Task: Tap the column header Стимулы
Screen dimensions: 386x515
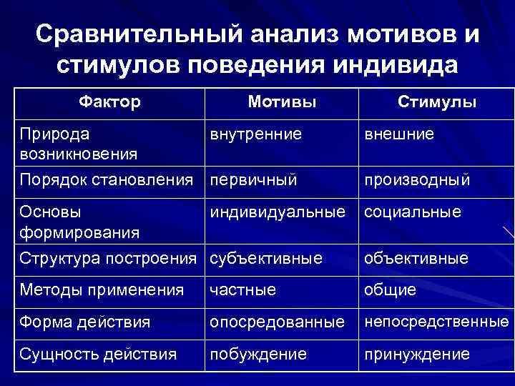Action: (x=436, y=102)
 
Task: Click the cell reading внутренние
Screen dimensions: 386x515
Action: (x=255, y=134)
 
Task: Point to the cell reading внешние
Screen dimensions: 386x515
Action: (x=399, y=134)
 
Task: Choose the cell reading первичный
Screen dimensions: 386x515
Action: (x=253, y=179)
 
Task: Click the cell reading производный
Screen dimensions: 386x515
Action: (x=417, y=179)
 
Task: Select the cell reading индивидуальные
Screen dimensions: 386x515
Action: (x=280, y=212)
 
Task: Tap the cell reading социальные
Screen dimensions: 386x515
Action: (x=413, y=212)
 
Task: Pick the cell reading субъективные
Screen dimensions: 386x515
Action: (x=265, y=258)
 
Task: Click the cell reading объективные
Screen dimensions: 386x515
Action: (x=416, y=258)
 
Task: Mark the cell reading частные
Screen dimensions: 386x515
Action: (x=242, y=289)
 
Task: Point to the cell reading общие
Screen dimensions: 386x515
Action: (x=390, y=289)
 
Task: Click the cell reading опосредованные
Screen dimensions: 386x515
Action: (x=276, y=322)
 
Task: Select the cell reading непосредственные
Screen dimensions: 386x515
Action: (x=436, y=322)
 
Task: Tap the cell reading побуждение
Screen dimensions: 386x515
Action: (x=257, y=354)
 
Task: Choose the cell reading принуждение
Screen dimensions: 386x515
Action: (x=417, y=354)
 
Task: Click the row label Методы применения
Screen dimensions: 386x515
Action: (x=102, y=289)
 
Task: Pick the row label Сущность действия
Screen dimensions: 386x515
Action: (x=98, y=354)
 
